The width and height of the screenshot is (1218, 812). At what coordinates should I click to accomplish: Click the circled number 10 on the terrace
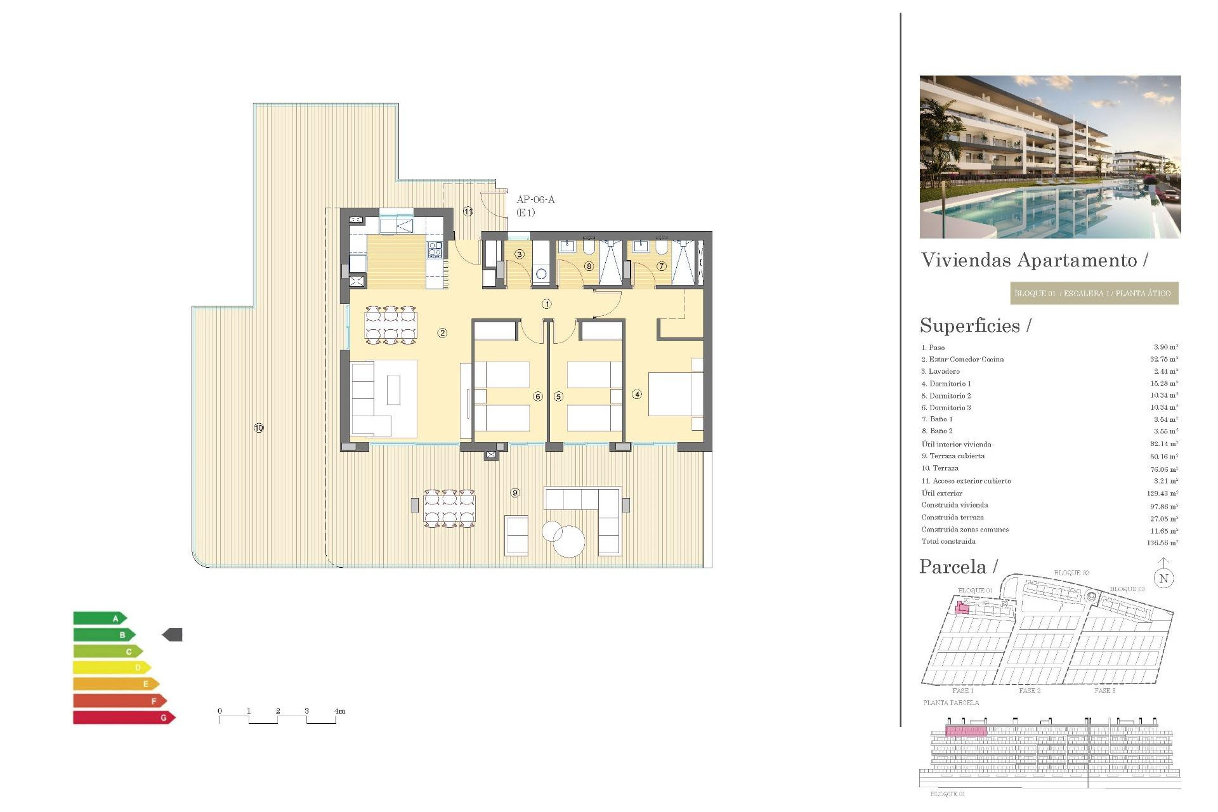(259, 428)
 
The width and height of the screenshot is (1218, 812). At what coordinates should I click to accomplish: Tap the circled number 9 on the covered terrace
(515, 493)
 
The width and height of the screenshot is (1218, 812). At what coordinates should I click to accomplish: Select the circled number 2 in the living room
(442, 333)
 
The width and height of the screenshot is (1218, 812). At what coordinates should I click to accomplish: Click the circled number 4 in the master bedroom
(637, 395)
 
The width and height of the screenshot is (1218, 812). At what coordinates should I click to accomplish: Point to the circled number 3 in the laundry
(520, 254)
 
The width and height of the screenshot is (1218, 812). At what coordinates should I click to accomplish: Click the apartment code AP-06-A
(535, 200)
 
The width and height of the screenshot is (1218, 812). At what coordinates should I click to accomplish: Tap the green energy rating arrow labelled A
(100, 619)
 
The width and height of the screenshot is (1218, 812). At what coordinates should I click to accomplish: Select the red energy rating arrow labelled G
(124, 717)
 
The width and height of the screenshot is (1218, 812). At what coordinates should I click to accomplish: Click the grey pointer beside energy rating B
(173, 634)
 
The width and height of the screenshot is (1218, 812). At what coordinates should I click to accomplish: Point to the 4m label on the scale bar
(340, 711)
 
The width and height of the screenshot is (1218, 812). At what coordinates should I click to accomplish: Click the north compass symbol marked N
(1163, 578)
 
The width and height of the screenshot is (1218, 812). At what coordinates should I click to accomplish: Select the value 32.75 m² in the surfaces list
(1164, 359)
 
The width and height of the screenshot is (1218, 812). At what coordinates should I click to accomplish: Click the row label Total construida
(948, 542)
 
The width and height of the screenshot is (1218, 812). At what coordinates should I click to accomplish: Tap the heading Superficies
(970, 325)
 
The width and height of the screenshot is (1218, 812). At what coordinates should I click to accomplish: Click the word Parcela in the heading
(953, 566)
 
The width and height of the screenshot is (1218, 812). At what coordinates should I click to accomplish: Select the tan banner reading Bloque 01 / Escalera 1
(1094, 293)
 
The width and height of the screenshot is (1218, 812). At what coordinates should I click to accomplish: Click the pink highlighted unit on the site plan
(962, 608)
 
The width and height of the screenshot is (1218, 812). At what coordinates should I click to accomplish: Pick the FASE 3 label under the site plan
(1104, 690)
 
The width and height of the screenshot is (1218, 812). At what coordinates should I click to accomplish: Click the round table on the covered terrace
(569, 542)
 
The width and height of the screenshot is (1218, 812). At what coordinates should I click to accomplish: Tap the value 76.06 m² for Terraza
(1164, 469)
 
